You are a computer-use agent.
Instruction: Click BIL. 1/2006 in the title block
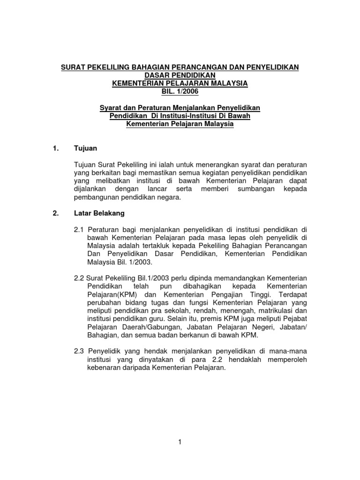click(180, 91)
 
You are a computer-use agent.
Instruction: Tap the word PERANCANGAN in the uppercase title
click(198, 67)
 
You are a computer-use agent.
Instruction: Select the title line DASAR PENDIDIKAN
click(180, 75)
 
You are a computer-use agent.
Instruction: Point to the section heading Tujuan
click(85, 149)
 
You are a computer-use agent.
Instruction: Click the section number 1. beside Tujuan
click(56, 149)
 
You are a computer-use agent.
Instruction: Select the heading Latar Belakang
click(99, 213)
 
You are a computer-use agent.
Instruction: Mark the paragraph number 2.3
click(79, 352)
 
